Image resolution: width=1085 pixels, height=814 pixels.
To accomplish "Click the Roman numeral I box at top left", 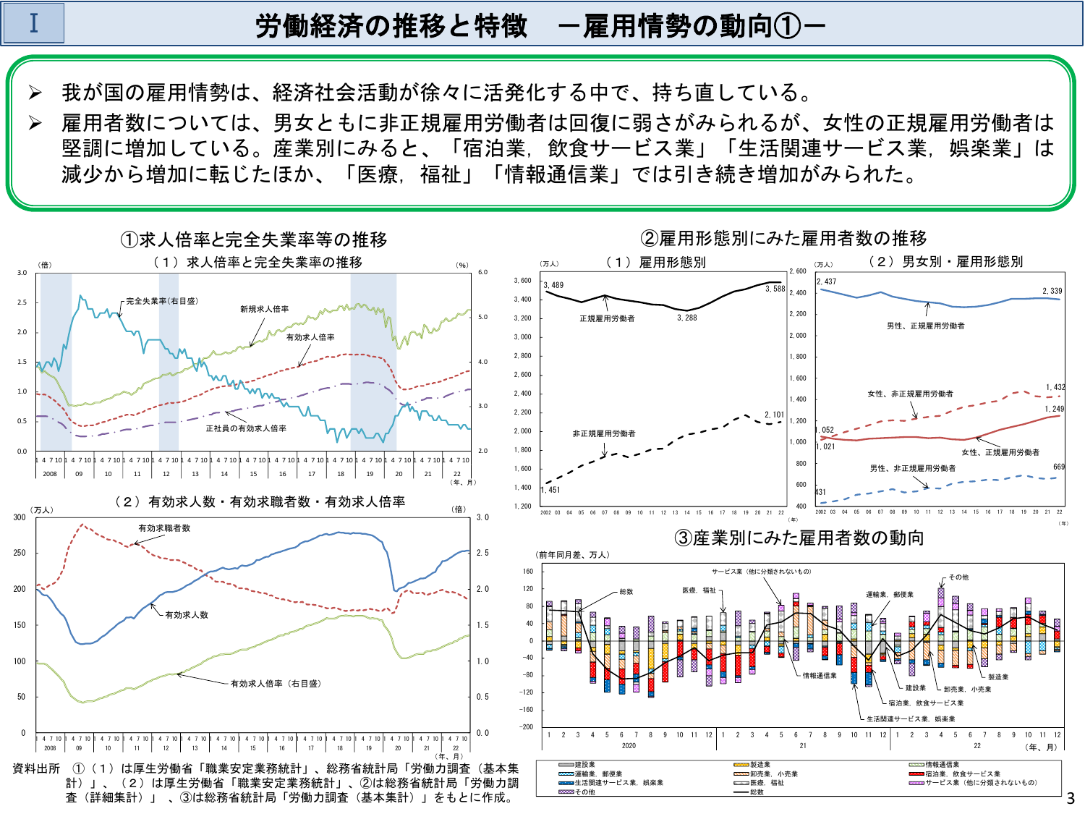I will pos(33,23).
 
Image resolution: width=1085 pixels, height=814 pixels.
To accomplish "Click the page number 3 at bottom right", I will pos(1071,799).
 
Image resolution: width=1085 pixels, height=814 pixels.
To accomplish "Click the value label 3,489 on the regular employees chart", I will pos(553,285).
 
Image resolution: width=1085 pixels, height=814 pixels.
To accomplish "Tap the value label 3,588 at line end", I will pos(775,289).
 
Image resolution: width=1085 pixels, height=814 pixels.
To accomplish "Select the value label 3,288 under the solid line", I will pos(686,318).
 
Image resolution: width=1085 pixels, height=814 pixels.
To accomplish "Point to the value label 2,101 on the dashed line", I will pos(774,415).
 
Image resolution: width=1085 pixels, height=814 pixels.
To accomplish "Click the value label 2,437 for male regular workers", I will pos(826,281).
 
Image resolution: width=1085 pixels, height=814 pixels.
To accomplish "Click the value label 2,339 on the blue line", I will pos(1052,291).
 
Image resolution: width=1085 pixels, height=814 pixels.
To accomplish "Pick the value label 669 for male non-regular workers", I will pos(1059,467).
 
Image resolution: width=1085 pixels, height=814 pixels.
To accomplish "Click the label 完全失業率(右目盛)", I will pos(161,301).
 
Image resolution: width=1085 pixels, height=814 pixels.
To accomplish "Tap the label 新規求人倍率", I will pos(264,309).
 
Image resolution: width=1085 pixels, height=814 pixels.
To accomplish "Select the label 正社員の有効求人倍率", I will pos(246,428).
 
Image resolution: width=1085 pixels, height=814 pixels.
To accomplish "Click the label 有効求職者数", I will pos(164,528).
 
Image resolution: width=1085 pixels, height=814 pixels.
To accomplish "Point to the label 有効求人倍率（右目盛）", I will pos(276,683).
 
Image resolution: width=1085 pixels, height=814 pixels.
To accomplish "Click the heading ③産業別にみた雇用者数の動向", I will pos(799,538).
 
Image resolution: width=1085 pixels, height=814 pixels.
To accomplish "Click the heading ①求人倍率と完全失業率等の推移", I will pos(253,239).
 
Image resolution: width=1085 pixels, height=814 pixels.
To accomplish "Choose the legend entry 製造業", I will pos(759,765).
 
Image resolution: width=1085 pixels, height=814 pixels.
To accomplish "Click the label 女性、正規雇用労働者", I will pos(1000,452).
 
